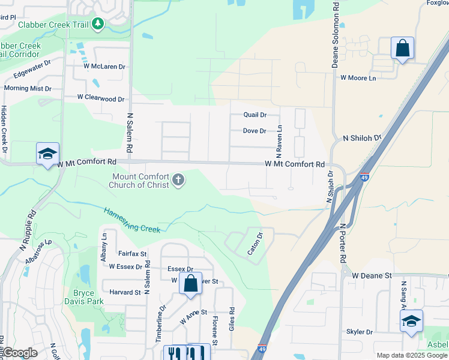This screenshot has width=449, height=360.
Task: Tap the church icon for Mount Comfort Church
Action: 178,180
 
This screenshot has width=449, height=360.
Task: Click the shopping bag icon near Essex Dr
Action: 190,284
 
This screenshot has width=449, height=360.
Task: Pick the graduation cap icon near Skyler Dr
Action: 411,321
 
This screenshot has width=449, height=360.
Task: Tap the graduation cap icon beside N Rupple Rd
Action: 47,154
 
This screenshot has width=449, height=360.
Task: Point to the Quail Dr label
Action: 255,115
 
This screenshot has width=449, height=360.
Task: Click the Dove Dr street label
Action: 255,131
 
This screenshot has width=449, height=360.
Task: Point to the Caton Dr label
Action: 256,244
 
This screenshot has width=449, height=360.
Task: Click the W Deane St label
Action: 372,275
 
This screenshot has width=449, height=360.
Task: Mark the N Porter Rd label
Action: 343,242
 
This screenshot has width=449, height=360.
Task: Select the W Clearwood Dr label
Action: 100,98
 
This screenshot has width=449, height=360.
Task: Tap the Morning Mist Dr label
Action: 28,88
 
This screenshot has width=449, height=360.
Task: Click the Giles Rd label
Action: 232,319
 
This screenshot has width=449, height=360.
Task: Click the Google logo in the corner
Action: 20,353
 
